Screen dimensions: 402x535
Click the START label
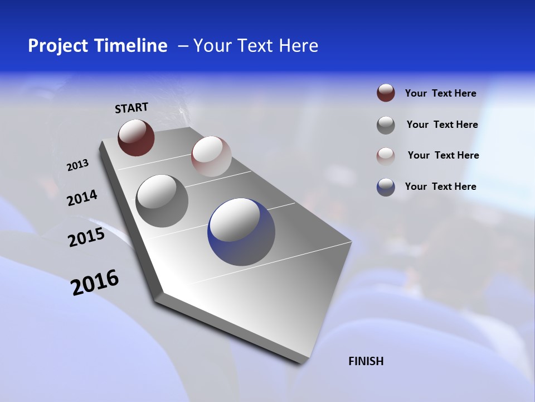[132, 108]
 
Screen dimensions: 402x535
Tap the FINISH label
[366, 361]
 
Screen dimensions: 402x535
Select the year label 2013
[77, 165]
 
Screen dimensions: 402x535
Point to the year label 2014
[82, 198]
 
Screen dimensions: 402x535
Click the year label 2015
[86, 237]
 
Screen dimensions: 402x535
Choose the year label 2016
[95, 283]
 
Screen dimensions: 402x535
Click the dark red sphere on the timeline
[136, 137]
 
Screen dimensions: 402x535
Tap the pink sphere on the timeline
[211, 156]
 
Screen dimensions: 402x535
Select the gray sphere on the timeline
[162, 200]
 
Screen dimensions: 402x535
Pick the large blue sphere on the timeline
[241, 232]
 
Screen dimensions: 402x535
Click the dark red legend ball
[386, 93]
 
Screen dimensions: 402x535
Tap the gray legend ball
[386, 125]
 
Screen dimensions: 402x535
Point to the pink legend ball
[386, 156]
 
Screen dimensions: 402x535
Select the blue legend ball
[386, 187]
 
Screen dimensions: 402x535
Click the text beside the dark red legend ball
[440, 93]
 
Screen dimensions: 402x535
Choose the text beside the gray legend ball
[442, 125]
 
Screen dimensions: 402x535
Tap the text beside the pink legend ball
[443, 155]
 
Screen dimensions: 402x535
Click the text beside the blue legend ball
[440, 186]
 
